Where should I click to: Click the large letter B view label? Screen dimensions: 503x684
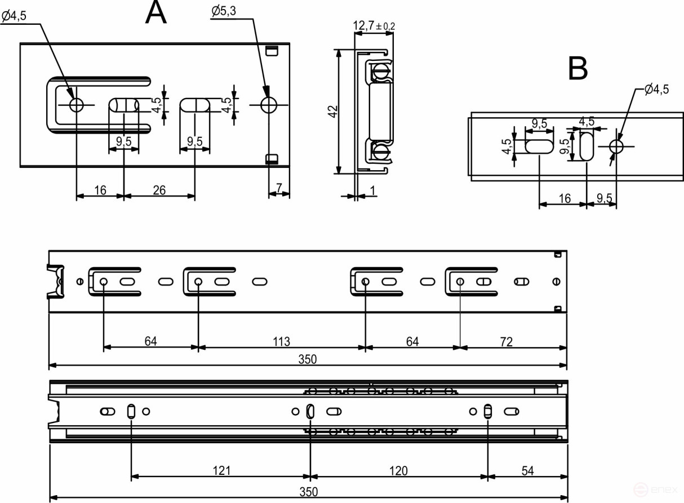[x=578, y=69]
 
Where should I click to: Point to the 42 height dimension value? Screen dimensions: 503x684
[x=333, y=112]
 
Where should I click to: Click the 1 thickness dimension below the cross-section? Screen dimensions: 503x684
[x=373, y=191]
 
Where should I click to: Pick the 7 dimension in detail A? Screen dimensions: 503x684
[x=279, y=187]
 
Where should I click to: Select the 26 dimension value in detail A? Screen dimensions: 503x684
[x=159, y=190]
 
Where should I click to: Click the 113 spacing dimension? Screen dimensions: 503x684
[x=281, y=341]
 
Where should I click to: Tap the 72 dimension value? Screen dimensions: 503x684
[x=506, y=341]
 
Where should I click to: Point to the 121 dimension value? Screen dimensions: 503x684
[x=221, y=470]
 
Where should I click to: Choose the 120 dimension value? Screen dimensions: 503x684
[x=398, y=470]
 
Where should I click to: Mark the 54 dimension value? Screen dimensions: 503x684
[x=527, y=470]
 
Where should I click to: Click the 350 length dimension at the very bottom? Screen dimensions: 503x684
[x=308, y=492]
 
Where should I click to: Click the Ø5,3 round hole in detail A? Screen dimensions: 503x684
[x=269, y=104]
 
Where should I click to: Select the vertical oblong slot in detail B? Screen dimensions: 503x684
[x=587, y=146]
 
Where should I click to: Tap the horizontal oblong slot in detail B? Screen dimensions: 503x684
[x=539, y=146]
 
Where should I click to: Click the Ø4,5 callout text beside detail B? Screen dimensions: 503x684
[x=656, y=90]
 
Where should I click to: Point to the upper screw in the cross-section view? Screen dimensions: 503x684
[x=380, y=72]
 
